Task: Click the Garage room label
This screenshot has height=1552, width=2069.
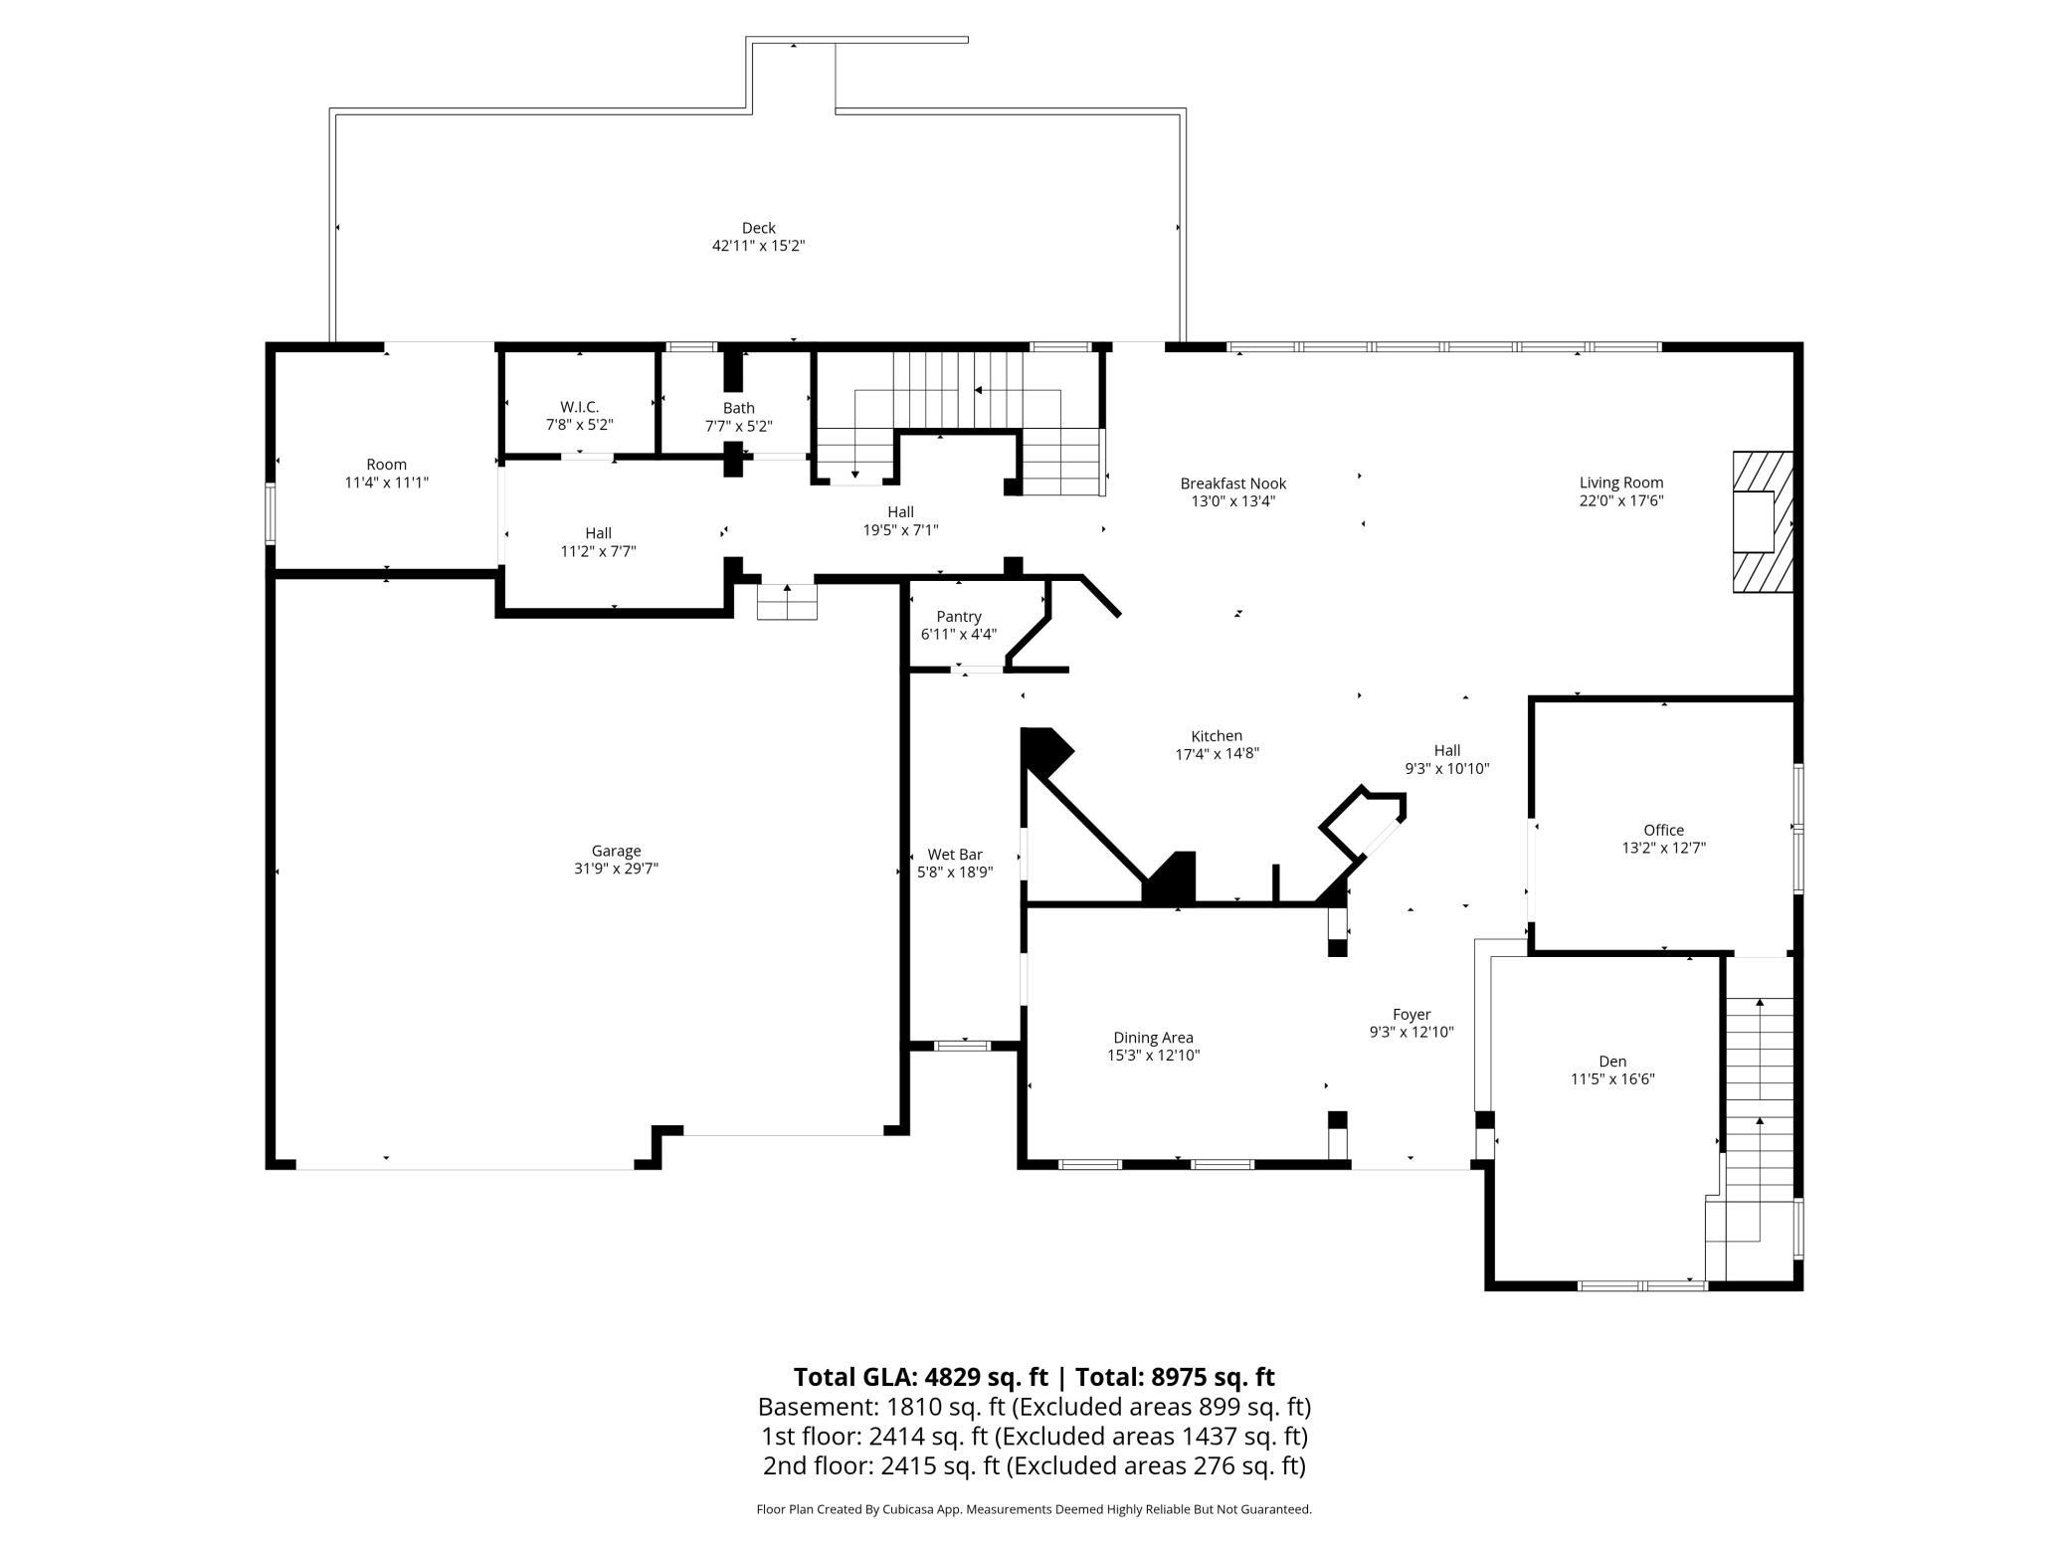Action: click(x=616, y=851)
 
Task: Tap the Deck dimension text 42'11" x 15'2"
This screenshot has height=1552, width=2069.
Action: click(x=758, y=246)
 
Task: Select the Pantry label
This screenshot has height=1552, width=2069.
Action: click(x=959, y=617)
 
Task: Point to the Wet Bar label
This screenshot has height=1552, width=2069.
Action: click(x=955, y=855)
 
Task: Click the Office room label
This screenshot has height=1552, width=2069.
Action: click(x=1664, y=830)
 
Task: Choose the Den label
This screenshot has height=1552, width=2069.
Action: click(x=1612, y=1062)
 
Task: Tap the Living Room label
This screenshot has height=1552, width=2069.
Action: click(x=1621, y=484)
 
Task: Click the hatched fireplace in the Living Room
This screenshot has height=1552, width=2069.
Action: click(x=1763, y=522)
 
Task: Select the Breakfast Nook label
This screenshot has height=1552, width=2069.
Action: click(x=1233, y=484)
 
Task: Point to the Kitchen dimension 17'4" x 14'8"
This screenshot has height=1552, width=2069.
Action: click(x=1218, y=754)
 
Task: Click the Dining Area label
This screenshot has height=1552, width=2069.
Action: click(x=1154, y=1038)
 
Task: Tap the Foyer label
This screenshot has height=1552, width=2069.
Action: click(x=1411, y=1015)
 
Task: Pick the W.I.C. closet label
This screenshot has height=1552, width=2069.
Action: click(x=580, y=407)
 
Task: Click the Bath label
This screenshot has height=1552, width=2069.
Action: click(x=739, y=408)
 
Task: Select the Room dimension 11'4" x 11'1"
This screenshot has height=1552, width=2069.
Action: click(x=387, y=483)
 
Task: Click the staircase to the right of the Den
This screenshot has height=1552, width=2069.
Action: click(x=1759, y=1119)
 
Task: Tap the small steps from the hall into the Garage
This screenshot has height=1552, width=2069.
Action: click(x=787, y=602)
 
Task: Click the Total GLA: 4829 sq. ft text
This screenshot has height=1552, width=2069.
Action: click(x=921, y=1377)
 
